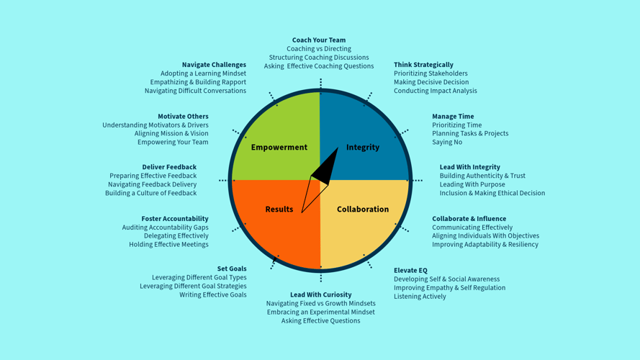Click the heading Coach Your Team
[319, 40]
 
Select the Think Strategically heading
[423, 65]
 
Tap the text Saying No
[447, 142]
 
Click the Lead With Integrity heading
[469, 167]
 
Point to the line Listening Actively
[420, 296]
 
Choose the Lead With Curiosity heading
[320, 294]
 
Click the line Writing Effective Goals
[213, 294]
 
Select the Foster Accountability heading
[175, 219]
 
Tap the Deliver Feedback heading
[169, 167]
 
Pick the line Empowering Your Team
[173, 142]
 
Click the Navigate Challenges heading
[214, 65]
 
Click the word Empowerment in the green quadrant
[279, 148]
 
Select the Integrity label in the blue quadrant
[362, 148]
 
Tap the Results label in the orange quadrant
[279, 210]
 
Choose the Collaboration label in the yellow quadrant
[362, 210]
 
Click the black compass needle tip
[336, 150]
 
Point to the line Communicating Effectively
[472, 228]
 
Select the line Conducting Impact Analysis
[435, 91]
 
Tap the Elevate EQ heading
[410, 271]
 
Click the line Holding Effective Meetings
[168, 244]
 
